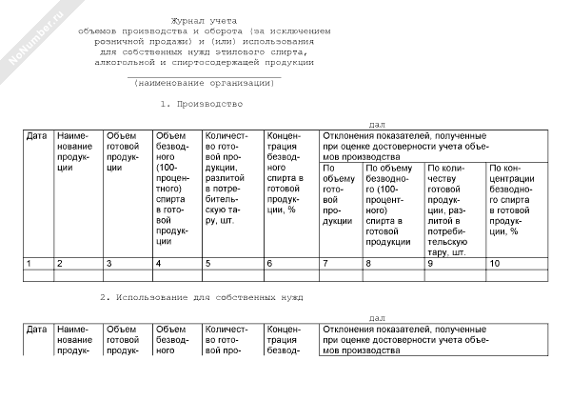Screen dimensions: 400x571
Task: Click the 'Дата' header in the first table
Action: click(37, 136)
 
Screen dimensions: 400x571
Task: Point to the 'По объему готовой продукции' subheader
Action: click(338, 194)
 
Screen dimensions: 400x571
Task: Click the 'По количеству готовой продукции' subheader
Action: click(453, 210)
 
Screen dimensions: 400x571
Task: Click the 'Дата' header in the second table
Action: click(37, 330)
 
